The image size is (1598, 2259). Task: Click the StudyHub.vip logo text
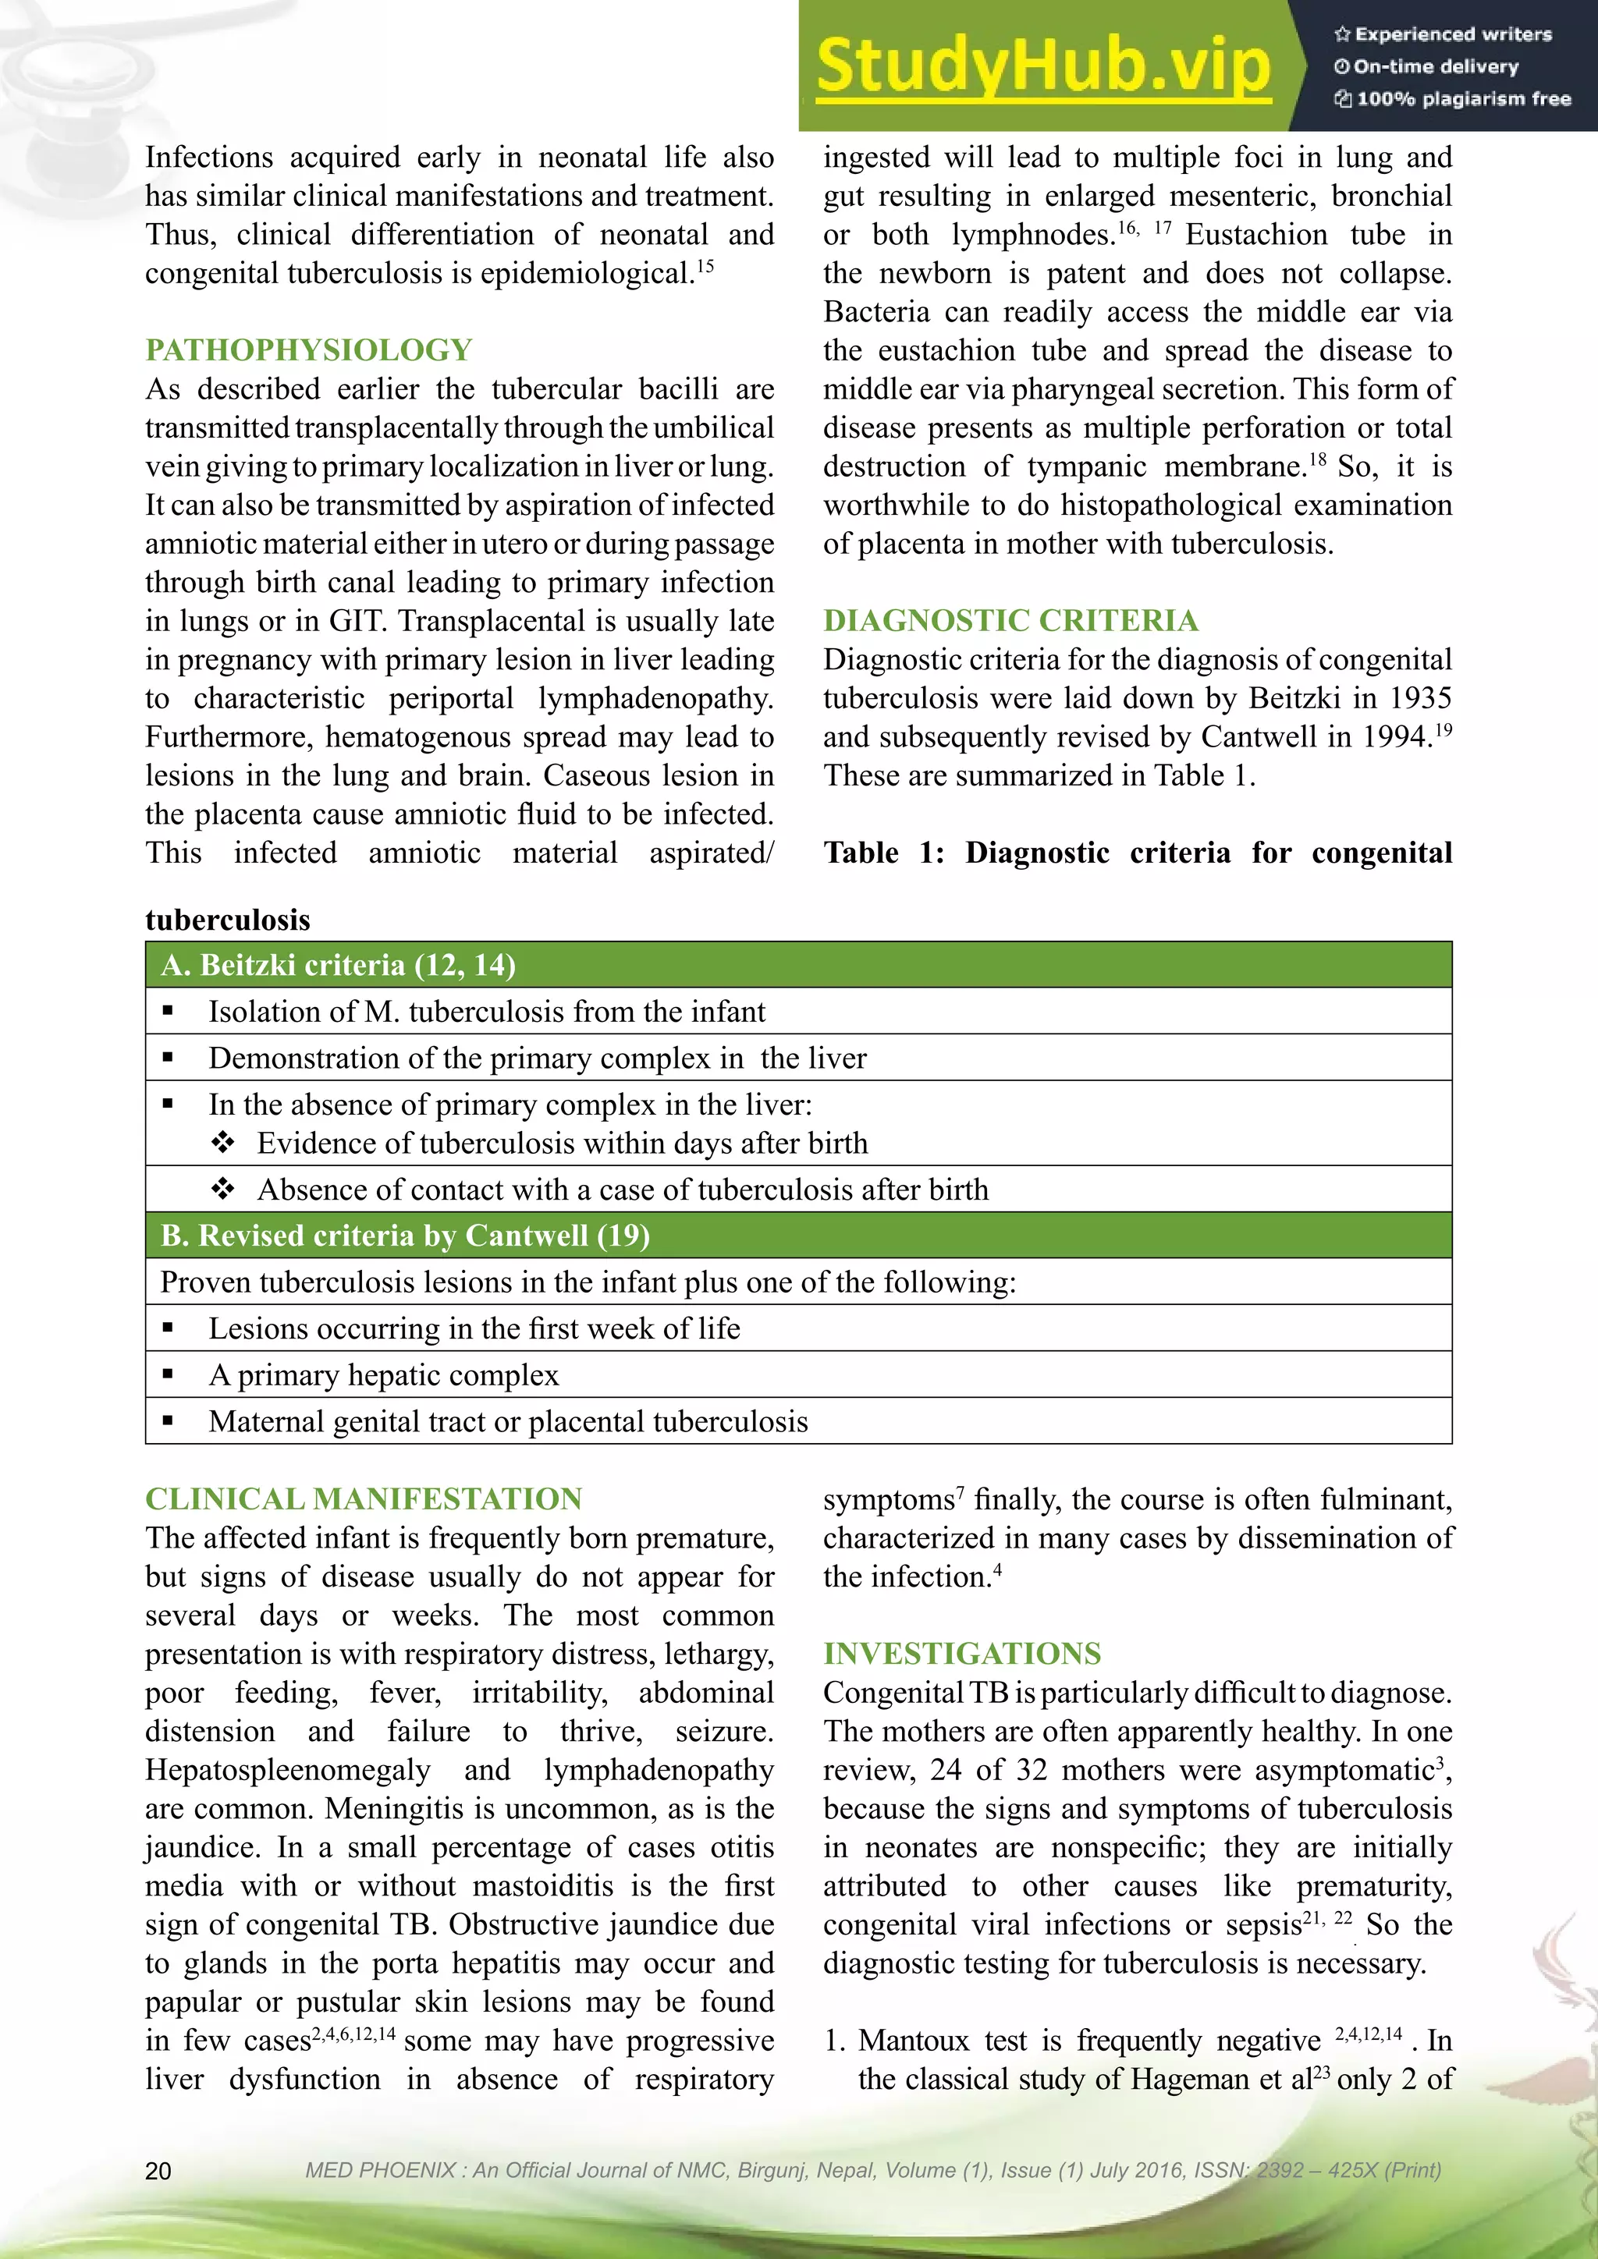tap(1043, 67)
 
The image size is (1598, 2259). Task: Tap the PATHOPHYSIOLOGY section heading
tap(308, 350)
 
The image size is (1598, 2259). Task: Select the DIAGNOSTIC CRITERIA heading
tap(1010, 621)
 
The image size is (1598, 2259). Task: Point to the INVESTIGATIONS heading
tap(961, 1653)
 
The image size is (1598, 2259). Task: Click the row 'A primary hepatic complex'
tap(383, 1374)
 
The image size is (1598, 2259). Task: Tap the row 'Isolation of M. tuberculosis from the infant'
tap(486, 1012)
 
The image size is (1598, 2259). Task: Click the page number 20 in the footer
tap(158, 2170)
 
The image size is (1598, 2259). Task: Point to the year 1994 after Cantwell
tap(1395, 737)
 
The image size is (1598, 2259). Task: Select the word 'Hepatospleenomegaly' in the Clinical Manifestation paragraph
tap(287, 1770)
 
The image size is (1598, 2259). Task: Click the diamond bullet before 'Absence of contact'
tap(223, 1190)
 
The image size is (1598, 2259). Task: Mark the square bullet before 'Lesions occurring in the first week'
tap(169, 1328)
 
